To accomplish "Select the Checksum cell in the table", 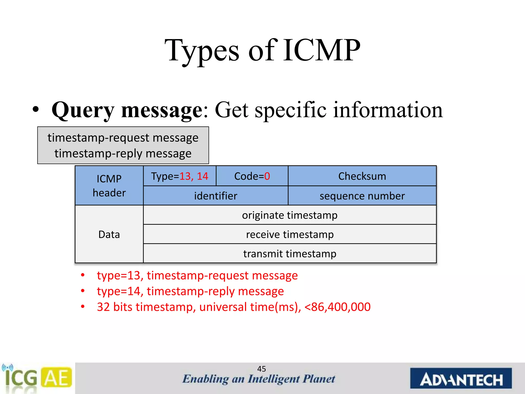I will [362, 176].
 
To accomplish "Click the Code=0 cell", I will [252, 176].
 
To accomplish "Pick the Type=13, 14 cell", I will [179, 176].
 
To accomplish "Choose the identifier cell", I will [216, 196].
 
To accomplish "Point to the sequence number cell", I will [362, 196].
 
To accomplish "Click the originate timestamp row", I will [290, 215].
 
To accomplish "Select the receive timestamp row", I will [290, 234].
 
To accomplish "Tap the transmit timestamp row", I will [290, 254].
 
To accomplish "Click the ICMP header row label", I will [109, 186].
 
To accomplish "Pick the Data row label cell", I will [109, 234].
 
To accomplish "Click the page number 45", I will [261, 369].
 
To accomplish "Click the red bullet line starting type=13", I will [197, 275].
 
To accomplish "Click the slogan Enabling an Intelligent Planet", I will [258, 379].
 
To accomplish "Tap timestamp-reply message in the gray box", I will [123, 153].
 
